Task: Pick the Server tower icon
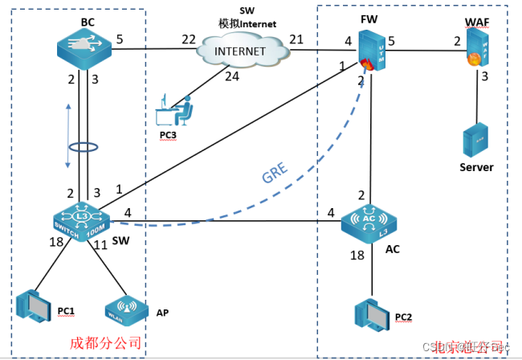click(476, 140)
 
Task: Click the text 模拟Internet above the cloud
click(247, 24)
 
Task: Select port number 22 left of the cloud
click(188, 39)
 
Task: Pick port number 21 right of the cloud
click(296, 39)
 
